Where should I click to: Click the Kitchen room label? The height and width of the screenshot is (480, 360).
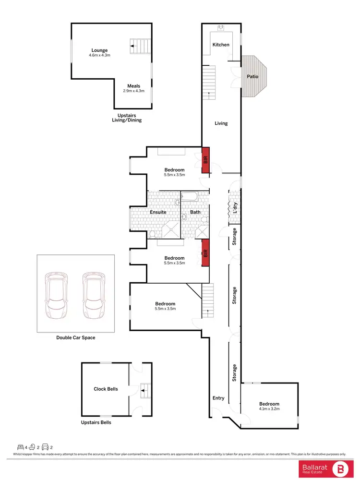pos(221,45)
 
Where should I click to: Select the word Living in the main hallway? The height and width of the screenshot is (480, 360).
pos(221,123)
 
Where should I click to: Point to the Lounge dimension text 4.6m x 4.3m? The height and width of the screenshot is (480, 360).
pos(99,56)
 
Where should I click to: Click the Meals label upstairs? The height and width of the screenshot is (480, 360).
pos(133,86)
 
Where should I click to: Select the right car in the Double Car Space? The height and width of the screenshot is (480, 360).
pos(94,296)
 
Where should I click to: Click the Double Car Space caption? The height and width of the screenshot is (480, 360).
pos(76,337)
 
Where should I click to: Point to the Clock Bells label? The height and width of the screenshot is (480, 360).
pos(106,389)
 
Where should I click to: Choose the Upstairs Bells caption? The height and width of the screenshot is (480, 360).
pos(96,422)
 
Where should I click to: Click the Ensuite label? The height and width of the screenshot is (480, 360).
pos(158,212)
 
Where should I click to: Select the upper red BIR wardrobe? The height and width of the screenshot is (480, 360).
pos(205,160)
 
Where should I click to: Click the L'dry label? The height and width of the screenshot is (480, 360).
pos(235,208)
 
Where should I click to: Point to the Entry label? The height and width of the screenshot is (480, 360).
pos(218,398)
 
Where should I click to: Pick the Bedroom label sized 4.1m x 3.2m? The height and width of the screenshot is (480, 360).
pos(269,404)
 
